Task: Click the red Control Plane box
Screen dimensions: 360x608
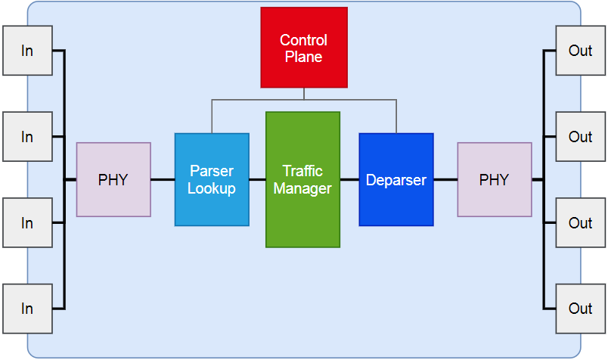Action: pyautogui.click(x=304, y=47)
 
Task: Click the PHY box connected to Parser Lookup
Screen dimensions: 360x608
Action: pyautogui.click(x=113, y=180)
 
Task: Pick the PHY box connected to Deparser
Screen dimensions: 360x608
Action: pyautogui.click(x=495, y=180)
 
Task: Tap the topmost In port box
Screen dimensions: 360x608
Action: pyautogui.click(x=27, y=51)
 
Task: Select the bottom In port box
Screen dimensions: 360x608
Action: pyautogui.click(x=27, y=309)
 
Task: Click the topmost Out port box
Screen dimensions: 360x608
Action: pyautogui.click(x=580, y=51)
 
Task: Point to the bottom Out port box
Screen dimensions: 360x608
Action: pyautogui.click(x=580, y=309)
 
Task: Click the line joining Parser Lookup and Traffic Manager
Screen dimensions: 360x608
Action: pyautogui.click(x=257, y=180)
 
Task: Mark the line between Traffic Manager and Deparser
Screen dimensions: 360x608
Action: pyautogui.click(x=349, y=180)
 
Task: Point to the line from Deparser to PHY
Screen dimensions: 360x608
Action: pyautogui.click(x=445, y=180)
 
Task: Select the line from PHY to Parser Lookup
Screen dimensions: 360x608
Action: pyautogui.click(x=163, y=180)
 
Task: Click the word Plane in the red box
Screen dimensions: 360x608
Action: pyautogui.click(x=304, y=57)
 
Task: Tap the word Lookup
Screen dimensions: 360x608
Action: pyautogui.click(x=212, y=189)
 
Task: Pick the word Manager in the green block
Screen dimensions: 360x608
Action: pyautogui.click(x=302, y=189)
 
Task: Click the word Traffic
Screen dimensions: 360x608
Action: pyautogui.click(x=302, y=171)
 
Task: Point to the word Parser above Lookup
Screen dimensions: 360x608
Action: pyautogui.click(x=212, y=171)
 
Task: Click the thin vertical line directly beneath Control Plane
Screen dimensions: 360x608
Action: pyautogui.click(x=304, y=93)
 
